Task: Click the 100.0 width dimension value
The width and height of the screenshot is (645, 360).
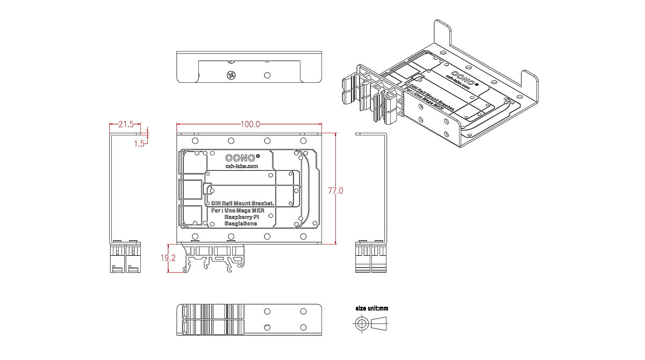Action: click(250, 124)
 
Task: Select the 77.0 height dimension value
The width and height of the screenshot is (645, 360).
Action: click(335, 190)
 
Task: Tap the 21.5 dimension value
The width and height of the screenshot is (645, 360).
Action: click(126, 124)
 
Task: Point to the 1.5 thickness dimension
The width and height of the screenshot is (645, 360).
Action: click(139, 143)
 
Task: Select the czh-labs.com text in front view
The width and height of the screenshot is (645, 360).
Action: click(241, 167)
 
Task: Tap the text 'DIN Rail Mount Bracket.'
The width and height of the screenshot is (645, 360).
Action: click(242, 203)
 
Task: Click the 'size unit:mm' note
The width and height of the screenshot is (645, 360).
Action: click(372, 309)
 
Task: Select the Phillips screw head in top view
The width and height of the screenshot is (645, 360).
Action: click(232, 76)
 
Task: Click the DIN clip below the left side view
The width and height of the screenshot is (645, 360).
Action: click(125, 258)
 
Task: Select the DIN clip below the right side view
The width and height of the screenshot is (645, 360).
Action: click(371, 258)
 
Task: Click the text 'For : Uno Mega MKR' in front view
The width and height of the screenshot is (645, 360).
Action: click(240, 210)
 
